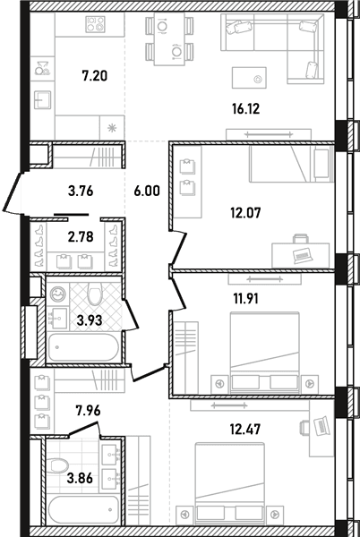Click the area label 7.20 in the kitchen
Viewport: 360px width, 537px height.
point(95,76)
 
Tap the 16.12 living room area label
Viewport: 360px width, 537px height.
point(246,109)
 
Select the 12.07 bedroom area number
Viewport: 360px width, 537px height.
point(245,213)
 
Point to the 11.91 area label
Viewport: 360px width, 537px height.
point(246,299)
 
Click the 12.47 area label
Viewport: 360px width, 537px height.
point(245,429)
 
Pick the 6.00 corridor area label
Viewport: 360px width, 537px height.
point(147,192)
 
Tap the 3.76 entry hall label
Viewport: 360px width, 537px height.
point(81,192)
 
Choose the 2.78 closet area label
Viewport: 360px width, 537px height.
point(81,236)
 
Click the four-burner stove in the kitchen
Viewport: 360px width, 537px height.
point(95,25)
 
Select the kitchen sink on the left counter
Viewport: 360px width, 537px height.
point(42,99)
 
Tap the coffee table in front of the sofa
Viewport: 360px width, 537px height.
point(249,78)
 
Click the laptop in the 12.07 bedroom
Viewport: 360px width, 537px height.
point(303,255)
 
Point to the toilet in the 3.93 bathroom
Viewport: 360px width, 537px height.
point(95,293)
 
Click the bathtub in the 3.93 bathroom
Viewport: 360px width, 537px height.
point(83,347)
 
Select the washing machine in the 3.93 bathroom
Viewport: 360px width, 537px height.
point(57,294)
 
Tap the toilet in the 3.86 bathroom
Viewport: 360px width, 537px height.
point(57,465)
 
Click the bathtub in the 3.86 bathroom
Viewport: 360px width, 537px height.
point(83,509)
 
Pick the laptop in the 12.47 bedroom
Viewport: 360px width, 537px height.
point(321,426)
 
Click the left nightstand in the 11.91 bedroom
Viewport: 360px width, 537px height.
point(219,384)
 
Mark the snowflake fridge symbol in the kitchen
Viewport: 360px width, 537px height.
point(112,128)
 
